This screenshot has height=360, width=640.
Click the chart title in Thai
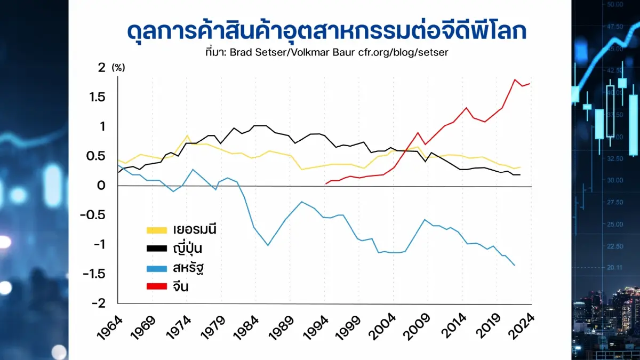tap(326, 31)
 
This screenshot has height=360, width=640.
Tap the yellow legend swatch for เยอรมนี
tap(158, 230)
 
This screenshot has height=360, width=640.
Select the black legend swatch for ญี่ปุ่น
tap(158, 249)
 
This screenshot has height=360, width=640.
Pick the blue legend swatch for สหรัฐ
tap(158, 268)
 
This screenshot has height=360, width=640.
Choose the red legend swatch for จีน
tap(158, 287)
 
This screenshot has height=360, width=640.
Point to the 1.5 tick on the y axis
tap(97, 97)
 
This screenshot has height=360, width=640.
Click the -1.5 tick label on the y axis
tap(94, 274)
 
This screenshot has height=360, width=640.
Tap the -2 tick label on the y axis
tap(98, 303)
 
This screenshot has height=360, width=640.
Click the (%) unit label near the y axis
tap(118, 68)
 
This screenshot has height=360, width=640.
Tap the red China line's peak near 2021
tap(515, 80)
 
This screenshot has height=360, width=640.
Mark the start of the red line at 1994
tap(326, 184)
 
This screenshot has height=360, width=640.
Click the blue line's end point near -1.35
tap(515, 265)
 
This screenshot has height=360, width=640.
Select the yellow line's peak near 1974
tap(187, 135)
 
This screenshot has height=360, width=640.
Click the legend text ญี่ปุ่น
tap(187, 249)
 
